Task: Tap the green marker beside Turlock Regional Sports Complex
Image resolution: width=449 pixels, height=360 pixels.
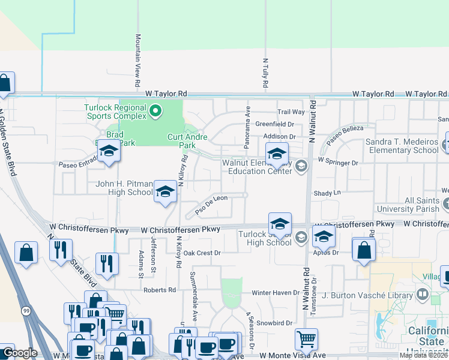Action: coord(156,110)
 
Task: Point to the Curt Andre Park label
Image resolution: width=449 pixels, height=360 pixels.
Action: coord(187,141)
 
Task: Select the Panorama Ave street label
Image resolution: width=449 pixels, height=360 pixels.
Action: coord(247,126)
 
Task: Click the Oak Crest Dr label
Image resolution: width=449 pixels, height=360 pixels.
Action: coord(202,253)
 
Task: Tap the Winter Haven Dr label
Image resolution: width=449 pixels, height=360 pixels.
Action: coord(275,293)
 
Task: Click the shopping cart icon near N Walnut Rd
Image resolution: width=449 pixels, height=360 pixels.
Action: coord(306,340)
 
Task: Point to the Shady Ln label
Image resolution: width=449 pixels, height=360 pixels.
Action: coord(327,193)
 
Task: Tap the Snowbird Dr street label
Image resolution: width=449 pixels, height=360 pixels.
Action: coord(274,322)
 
